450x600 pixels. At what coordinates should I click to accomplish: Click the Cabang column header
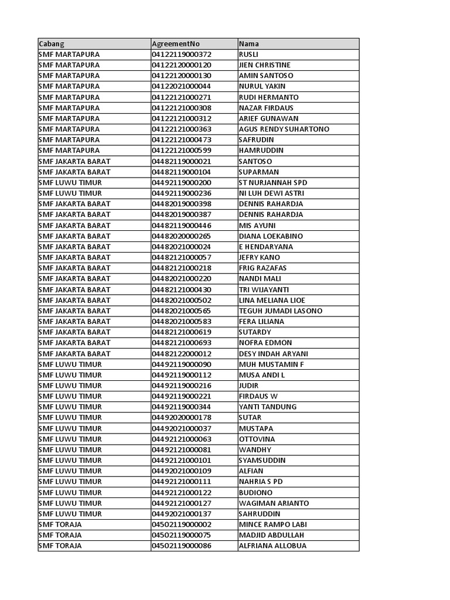[x=52, y=44]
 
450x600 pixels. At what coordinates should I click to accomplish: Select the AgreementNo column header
[x=176, y=44]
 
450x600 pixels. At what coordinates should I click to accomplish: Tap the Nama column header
[x=249, y=44]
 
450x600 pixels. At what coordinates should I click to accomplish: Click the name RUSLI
[x=249, y=54]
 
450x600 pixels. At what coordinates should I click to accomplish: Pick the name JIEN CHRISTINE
[x=265, y=65]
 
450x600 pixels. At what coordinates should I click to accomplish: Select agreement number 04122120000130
[x=182, y=76]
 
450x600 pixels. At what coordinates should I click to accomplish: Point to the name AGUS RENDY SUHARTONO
[x=284, y=129]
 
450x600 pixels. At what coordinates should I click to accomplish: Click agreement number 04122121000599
[x=182, y=151]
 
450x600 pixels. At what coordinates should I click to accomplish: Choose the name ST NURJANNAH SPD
[x=273, y=183]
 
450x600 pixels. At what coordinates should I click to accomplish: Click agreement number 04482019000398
[x=182, y=204]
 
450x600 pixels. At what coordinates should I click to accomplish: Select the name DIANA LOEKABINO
[x=271, y=236]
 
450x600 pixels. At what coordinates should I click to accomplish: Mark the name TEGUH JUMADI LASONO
[x=281, y=311]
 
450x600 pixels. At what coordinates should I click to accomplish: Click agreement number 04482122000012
[x=182, y=353]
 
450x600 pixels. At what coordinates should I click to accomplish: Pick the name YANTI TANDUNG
[x=268, y=407]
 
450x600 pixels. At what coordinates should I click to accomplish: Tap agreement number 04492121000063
[x=182, y=439]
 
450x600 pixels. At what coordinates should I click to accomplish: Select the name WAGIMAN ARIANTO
[x=274, y=503]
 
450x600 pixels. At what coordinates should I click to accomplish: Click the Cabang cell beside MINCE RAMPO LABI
[x=60, y=524]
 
